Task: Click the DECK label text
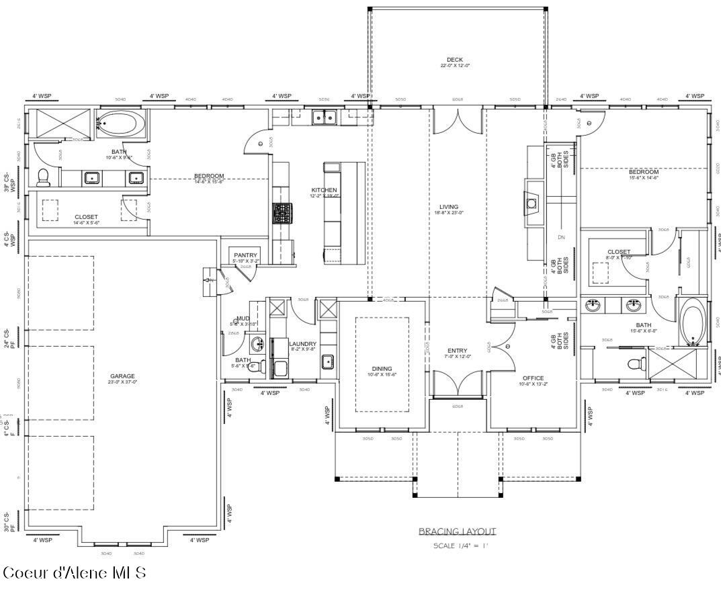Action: click(454, 60)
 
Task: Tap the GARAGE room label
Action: click(122, 376)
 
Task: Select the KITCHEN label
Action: click(323, 190)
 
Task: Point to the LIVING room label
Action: click(448, 207)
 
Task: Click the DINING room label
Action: click(382, 369)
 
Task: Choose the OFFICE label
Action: click(532, 378)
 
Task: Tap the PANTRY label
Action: click(245, 255)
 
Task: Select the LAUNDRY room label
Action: click(302, 344)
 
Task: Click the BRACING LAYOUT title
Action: click(458, 531)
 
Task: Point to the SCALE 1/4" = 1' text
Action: click(460, 546)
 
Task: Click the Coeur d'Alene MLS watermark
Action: click(74, 572)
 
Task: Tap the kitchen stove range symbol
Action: click(281, 213)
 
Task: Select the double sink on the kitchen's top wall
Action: click(325, 118)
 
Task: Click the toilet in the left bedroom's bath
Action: click(44, 177)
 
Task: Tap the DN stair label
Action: click(561, 237)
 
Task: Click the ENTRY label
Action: click(457, 351)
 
